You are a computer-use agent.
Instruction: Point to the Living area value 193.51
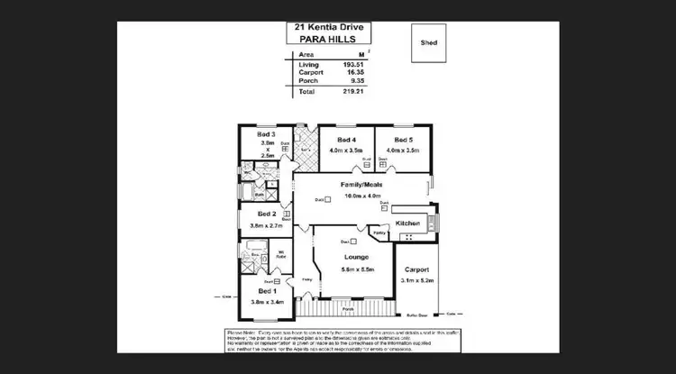point(352,65)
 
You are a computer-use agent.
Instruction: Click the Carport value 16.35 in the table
point(353,73)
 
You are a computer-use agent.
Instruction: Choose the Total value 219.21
point(352,92)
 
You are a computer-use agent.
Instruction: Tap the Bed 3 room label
point(267,133)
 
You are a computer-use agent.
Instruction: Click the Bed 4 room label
point(347,141)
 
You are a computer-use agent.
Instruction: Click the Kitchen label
point(407,222)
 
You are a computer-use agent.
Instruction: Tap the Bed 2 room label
point(266,214)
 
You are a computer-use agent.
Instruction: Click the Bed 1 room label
point(268,292)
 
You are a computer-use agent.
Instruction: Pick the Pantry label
point(379,233)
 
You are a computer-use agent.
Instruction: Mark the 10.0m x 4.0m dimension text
point(361,196)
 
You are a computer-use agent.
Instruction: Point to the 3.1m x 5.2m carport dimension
point(416,280)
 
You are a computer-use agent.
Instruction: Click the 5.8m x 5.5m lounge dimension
point(359,269)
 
